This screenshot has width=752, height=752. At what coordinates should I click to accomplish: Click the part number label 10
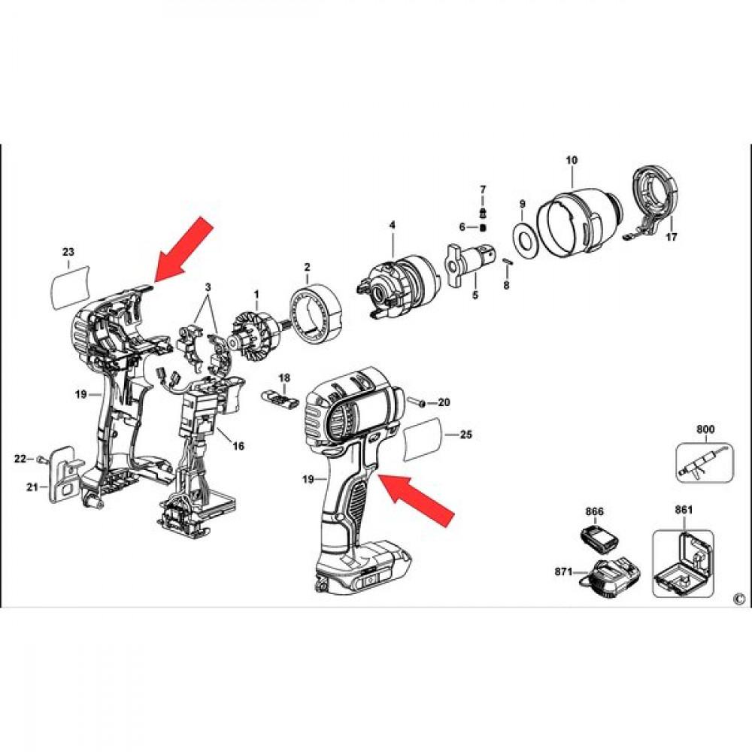point(572,160)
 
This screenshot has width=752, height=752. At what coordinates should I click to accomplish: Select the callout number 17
point(672,236)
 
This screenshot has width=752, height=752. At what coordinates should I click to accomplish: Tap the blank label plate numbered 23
point(71,287)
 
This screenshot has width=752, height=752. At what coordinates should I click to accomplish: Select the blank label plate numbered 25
point(423,439)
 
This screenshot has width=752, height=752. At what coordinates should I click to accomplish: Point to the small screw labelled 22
point(41,459)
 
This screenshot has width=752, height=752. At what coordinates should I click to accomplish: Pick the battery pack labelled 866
point(599,538)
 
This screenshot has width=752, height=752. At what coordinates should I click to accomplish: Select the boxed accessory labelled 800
point(705,462)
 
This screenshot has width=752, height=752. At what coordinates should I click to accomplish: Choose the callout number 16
point(238,446)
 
